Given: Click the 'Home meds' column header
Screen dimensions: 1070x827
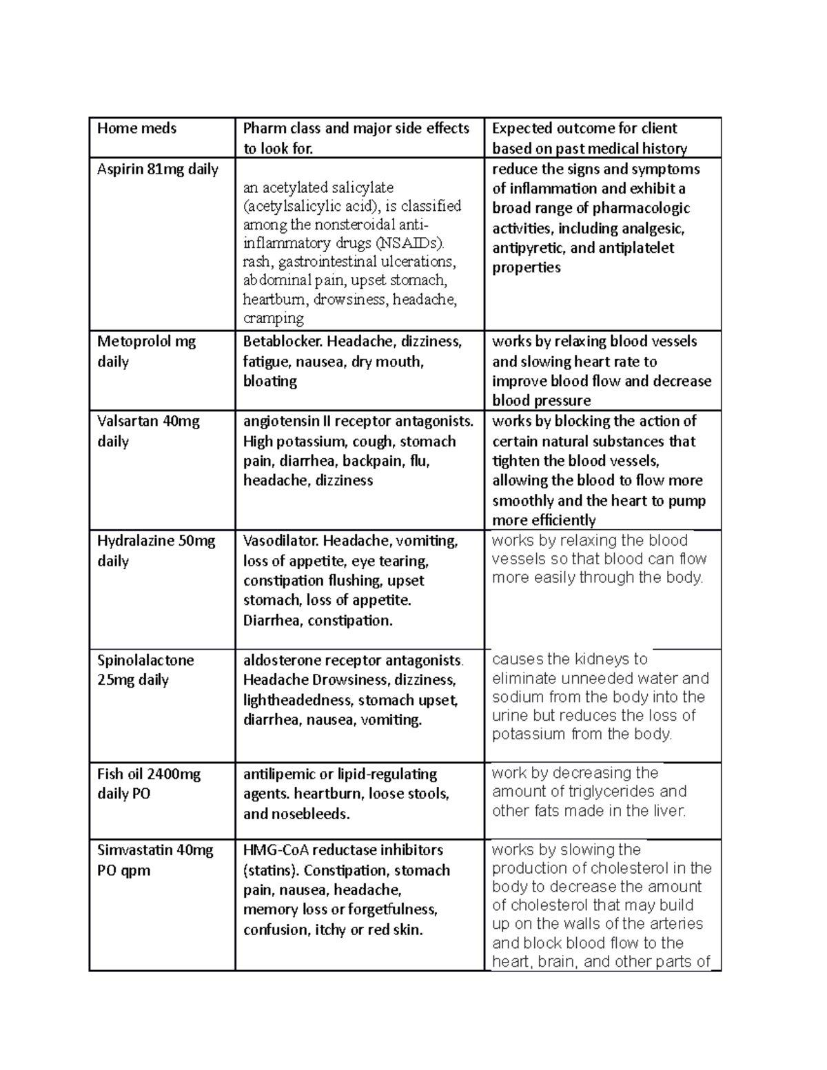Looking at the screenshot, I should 136,129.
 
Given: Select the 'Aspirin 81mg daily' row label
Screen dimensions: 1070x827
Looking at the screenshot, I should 157,169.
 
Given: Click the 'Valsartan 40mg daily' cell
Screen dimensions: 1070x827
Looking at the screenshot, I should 147,431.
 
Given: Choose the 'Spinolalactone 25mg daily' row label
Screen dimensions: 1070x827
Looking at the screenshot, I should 145,670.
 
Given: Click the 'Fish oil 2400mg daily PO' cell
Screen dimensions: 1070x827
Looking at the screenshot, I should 148,783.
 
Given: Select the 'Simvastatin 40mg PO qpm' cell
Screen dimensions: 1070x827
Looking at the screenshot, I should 155,860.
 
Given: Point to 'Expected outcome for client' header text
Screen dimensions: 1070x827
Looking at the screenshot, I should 584,129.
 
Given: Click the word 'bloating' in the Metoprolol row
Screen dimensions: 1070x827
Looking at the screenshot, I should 269,382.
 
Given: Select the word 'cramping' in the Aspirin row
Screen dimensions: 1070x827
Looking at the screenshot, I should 273,318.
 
